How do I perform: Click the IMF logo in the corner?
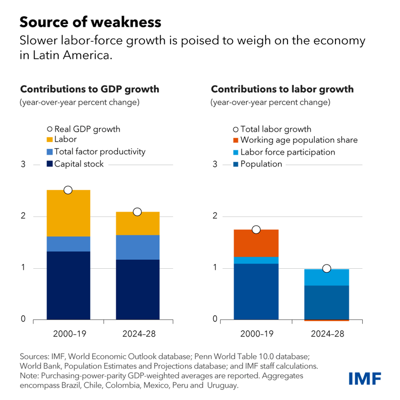365,378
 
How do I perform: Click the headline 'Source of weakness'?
90,22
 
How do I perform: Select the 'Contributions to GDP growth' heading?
90,89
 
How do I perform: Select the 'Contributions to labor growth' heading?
282,89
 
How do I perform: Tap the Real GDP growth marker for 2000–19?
68,190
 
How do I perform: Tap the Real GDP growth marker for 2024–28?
137,212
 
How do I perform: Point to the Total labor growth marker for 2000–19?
256,229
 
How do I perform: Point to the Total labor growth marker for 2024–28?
326,268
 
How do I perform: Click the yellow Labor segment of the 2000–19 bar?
68,213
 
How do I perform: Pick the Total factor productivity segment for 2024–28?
137,247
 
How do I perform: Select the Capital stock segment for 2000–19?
68,285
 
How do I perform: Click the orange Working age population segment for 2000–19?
256,243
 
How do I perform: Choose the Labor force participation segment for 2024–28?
326,277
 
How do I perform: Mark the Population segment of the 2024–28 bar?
326,302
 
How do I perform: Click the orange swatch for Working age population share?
236,141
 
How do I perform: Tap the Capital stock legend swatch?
50,164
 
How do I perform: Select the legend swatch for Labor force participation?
236,153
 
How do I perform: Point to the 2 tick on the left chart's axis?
23,216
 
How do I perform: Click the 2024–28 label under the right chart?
326,334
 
